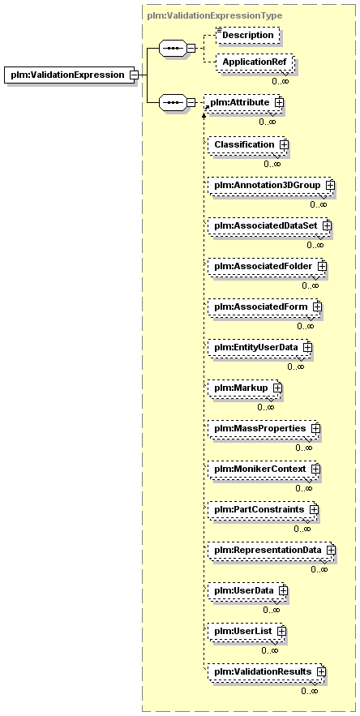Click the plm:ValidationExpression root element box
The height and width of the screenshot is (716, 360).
click(x=69, y=75)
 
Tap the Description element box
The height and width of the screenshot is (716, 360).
click(x=247, y=35)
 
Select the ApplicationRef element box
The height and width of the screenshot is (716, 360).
click(x=255, y=62)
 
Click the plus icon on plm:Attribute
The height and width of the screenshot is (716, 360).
click(x=279, y=103)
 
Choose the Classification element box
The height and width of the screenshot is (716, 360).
click(x=246, y=145)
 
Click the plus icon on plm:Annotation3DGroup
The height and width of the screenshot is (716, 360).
click(x=330, y=185)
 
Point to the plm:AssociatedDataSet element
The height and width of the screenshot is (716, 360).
click(x=268, y=225)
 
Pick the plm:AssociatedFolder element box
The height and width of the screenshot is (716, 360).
click(x=266, y=266)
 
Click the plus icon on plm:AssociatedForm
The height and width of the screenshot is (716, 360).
click(x=317, y=307)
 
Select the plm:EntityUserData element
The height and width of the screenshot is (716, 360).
click(x=259, y=348)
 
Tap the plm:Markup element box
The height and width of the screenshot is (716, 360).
click(x=244, y=388)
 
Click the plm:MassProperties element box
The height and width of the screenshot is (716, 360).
click(x=264, y=429)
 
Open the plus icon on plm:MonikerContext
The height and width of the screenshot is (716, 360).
click(x=315, y=469)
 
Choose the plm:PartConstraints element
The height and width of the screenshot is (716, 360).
click(x=262, y=509)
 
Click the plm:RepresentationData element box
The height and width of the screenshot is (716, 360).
click(x=271, y=550)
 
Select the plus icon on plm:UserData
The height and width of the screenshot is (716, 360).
click(x=283, y=590)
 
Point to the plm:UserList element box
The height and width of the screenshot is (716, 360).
click(x=246, y=631)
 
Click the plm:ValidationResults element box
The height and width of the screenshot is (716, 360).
click(x=266, y=671)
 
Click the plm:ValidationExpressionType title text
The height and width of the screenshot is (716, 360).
click(x=215, y=15)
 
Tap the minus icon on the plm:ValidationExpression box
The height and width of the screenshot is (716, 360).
click(x=134, y=75)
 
